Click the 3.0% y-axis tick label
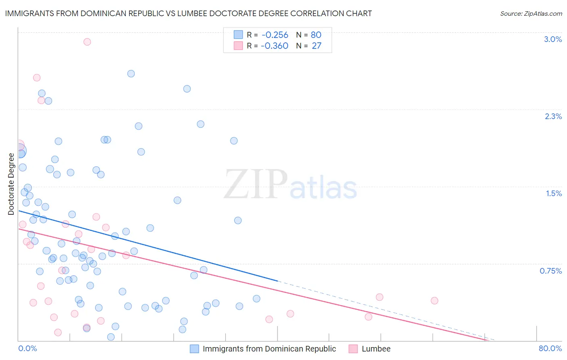(552, 39)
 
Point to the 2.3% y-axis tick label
(553, 116)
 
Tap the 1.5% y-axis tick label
(554, 193)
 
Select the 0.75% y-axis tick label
(550, 271)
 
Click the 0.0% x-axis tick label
(27, 348)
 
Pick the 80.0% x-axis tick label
(550, 348)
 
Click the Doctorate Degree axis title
(11, 184)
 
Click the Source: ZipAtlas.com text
(531, 13)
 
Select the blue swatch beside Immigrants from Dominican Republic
(194, 349)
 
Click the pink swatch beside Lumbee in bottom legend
(353, 349)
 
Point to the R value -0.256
(275, 35)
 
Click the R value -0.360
(275, 46)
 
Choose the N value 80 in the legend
(316, 35)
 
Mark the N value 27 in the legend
(317, 46)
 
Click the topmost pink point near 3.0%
(87, 42)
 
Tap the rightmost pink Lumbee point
(434, 301)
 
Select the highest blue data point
(131, 73)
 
